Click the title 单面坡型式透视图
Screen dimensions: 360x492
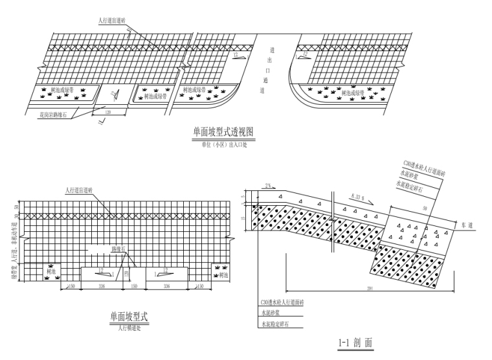223,132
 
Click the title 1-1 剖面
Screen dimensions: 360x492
355,341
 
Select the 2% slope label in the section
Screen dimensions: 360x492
267,185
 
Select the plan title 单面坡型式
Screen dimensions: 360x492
129,317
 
